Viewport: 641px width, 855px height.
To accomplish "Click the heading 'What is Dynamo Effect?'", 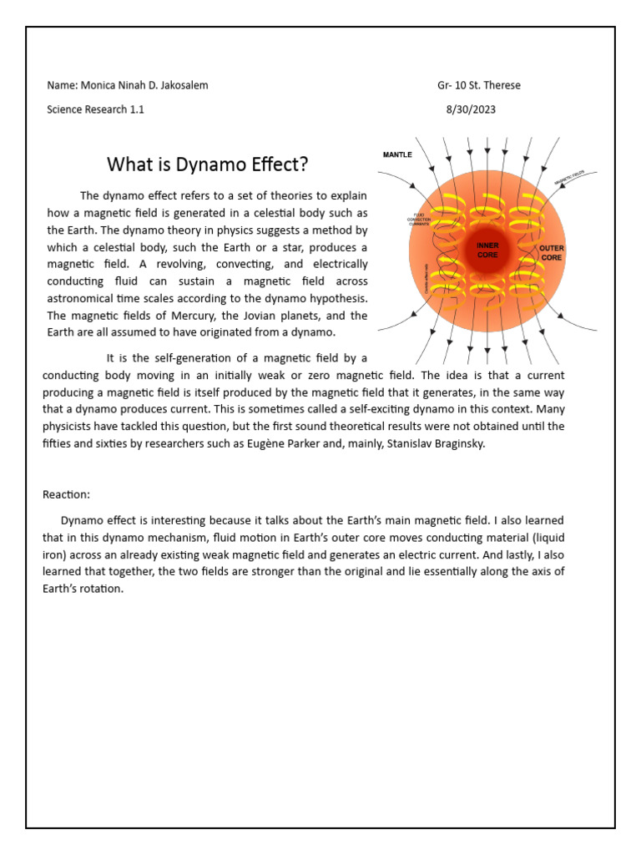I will click(x=201, y=164).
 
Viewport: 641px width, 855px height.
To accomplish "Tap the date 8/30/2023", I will click(x=472, y=109).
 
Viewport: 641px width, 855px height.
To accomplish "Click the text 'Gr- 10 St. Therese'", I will click(x=479, y=85).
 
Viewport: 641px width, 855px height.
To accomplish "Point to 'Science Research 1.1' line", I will click(x=95, y=109).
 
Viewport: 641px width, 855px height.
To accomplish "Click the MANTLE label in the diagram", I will click(x=397, y=154).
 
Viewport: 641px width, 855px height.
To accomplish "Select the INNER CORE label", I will click(x=487, y=250).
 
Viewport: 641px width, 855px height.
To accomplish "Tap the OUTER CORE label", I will click(x=552, y=253).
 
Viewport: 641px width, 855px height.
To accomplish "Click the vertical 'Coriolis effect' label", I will click(x=426, y=276).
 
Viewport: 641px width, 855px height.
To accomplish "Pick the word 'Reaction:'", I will click(x=66, y=495).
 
